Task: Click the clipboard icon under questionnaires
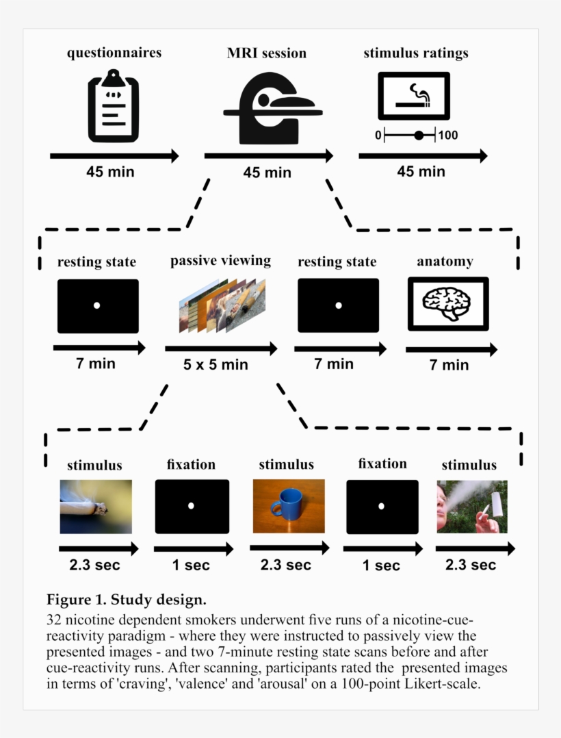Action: (x=114, y=106)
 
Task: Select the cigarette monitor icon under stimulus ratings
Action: (x=414, y=96)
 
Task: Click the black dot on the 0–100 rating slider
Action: (x=419, y=136)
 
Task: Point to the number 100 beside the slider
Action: (x=447, y=136)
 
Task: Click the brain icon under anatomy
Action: (x=447, y=303)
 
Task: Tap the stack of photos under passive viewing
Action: (x=222, y=305)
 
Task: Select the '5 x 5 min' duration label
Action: (x=216, y=364)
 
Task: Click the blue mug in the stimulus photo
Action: (x=285, y=504)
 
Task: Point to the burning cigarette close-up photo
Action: (x=96, y=507)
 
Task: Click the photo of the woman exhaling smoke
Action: (x=472, y=507)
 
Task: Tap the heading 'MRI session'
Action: (x=267, y=53)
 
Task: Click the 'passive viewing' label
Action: (x=220, y=261)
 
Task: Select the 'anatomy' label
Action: (x=445, y=262)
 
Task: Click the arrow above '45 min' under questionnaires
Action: (x=114, y=156)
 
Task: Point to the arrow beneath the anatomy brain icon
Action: (x=452, y=350)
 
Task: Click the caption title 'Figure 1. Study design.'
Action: (x=127, y=600)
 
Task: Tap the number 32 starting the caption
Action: (x=53, y=620)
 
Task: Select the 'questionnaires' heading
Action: (x=114, y=53)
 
